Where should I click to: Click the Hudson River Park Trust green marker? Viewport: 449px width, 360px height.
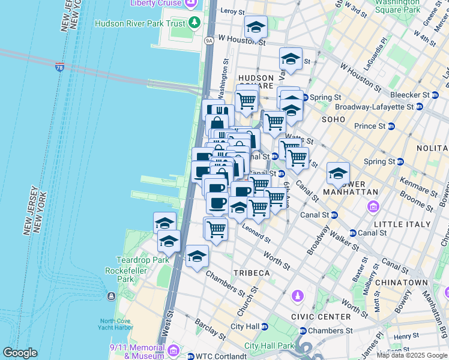coord(194,23)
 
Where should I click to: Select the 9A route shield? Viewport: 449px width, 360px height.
coord(209,41)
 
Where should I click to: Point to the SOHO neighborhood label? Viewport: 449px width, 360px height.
coord(333,119)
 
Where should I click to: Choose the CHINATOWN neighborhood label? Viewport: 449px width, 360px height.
coord(407,283)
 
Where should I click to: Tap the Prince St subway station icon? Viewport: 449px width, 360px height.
coord(391,126)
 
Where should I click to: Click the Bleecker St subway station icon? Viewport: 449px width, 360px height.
coord(435,95)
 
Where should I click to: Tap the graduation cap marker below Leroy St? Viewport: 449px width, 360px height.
coord(256,28)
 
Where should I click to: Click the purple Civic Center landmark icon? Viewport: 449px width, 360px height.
coord(297,296)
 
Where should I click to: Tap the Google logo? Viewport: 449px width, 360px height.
coord(19,353)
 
